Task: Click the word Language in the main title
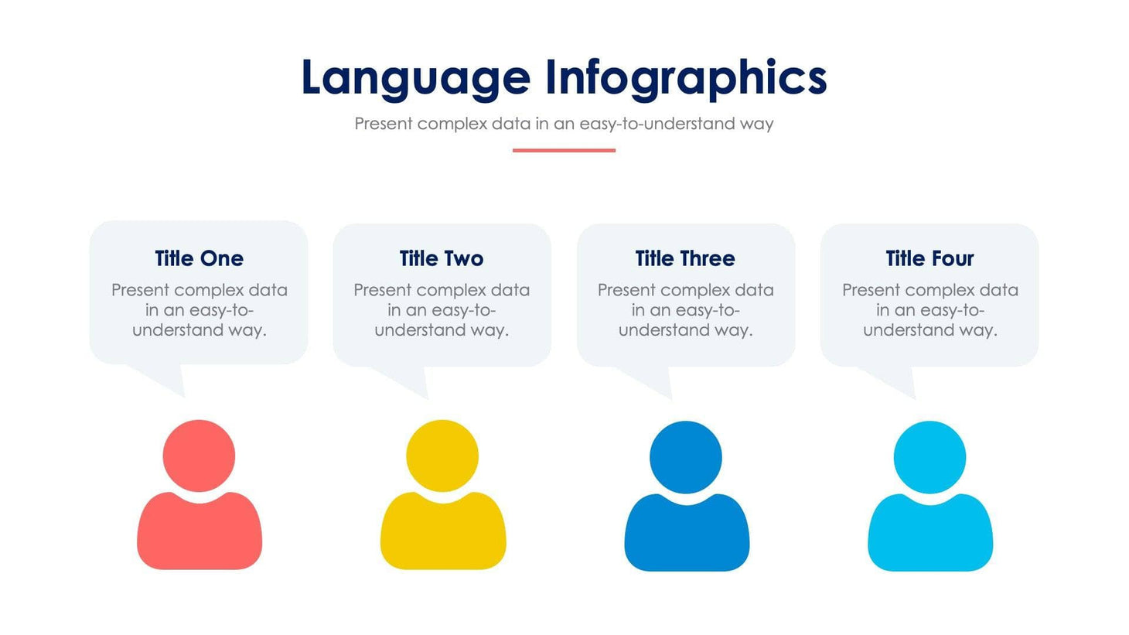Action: click(x=415, y=78)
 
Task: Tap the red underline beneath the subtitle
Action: click(x=564, y=150)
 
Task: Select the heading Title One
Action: click(x=199, y=258)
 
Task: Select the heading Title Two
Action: click(x=442, y=258)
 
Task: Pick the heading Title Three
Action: click(x=685, y=258)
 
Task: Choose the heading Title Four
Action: click(x=929, y=258)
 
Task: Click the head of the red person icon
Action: click(x=199, y=456)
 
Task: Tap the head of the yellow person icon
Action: click(x=442, y=456)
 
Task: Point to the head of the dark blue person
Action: click(x=686, y=456)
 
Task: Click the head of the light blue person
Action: click(x=929, y=456)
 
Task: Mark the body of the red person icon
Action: click(x=200, y=534)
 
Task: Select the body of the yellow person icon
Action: click(x=443, y=534)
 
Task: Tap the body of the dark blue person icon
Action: click(x=687, y=535)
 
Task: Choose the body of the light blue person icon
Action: click(x=930, y=535)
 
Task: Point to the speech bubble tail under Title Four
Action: click(x=901, y=382)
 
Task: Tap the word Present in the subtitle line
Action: click(x=383, y=124)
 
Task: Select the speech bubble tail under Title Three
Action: click(x=657, y=382)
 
